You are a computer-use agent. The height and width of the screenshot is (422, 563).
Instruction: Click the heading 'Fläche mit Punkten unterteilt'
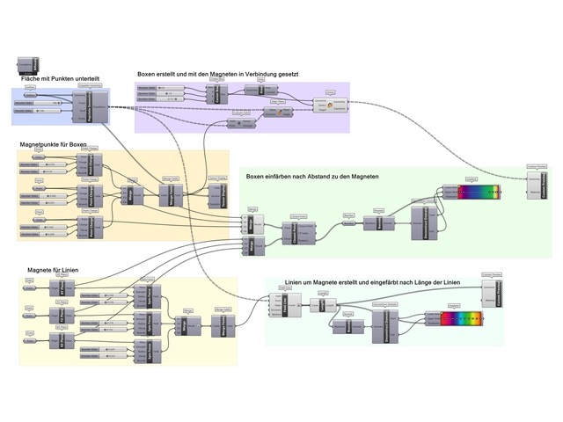coord(61,79)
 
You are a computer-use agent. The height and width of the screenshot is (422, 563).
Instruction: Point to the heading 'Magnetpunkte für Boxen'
coord(54,143)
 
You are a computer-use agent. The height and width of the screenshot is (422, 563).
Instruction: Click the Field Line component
coord(290,304)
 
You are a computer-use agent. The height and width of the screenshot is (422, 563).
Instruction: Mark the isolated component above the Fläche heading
coord(27,65)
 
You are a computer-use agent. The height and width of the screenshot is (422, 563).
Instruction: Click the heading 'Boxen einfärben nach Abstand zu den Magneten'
coord(312,177)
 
